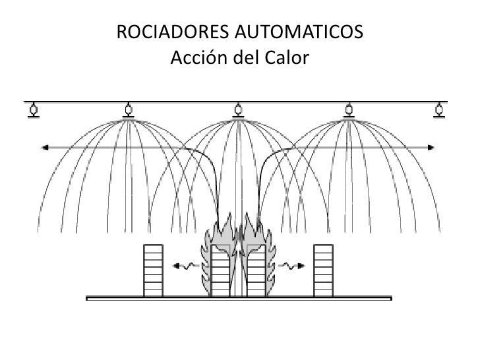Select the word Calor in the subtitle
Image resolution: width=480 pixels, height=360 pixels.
tap(287, 59)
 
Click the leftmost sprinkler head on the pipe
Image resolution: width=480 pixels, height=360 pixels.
tap(32, 110)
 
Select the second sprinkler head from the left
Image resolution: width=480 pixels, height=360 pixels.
tap(128, 110)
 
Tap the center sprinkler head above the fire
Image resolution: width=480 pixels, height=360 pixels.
tap(239, 110)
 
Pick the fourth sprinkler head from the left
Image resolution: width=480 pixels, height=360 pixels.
tap(349, 110)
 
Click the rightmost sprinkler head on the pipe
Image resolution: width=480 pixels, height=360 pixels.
tap(438, 110)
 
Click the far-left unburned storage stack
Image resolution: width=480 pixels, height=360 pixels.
tap(153, 270)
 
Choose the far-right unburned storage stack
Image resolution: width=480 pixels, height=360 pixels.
tap(323, 270)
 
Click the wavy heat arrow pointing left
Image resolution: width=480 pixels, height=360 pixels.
tap(184, 266)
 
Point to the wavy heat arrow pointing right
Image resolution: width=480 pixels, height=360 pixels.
tap(292, 266)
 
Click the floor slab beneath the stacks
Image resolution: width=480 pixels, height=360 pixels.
tap(239, 299)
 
